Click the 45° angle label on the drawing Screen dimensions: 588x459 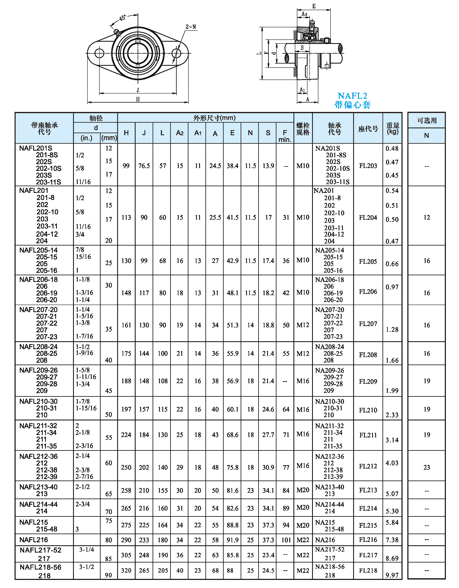pyautogui.click(x=122, y=18)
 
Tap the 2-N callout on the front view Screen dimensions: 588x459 pyautogui.click(x=191, y=27)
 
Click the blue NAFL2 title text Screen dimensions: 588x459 pyautogui.click(x=352, y=96)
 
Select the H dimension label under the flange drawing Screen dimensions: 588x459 pyautogui.click(x=138, y=99)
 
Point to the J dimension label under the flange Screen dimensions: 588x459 pyautogui.click(x=138, y=90)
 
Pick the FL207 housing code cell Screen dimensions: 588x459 pyautogui.click(x=368, y=324)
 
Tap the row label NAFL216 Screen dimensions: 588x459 pyautogui.click(x=34, y=540)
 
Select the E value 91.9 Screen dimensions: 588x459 pyautogui.click(x=232, y=540)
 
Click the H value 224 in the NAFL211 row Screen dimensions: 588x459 pyautogui.click(x=126, y=435)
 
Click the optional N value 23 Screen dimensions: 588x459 pyautogui.click(x=426, y=467)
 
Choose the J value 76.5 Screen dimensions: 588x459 pyautogui.click(x=144, y=166)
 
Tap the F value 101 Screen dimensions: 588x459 pyautogui.click(x=286, y=540)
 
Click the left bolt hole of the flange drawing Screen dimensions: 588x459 pyautogui.click(x=99, y=53)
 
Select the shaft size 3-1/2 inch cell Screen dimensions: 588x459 pyautogui.click(x=86, y=567)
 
